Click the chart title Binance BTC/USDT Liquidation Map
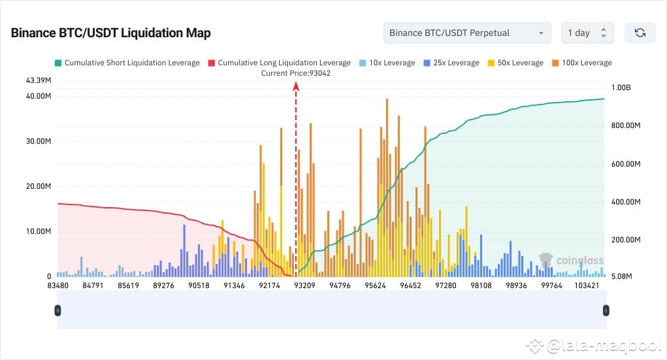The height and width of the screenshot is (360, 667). tap(110, 33)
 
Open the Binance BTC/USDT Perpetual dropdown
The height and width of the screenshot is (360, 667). tap(467, 33)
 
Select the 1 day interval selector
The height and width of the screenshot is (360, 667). tap(587, 33)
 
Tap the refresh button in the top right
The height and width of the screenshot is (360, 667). tap(640, 33)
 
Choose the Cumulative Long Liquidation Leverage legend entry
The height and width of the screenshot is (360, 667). tap(279, 63)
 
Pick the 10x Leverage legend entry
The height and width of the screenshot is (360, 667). tap(387, 63)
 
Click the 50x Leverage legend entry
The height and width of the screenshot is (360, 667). tap(515, 63)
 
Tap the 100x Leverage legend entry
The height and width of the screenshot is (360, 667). tap(582, 63)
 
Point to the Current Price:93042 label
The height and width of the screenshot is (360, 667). tap(296, 73)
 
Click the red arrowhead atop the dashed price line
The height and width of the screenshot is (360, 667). tap(296, 84)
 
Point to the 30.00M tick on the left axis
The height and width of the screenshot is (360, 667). tap(39, 141)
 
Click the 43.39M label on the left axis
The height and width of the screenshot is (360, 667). tap(39, 80)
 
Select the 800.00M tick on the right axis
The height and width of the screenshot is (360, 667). tap(626, 125)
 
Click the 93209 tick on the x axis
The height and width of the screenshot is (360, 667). tap(305, 286)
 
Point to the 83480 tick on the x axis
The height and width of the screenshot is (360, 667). tap(58, 286)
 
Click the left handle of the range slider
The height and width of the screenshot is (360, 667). tap(57, 310)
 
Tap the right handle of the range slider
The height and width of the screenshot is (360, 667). tap(606, 310)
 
